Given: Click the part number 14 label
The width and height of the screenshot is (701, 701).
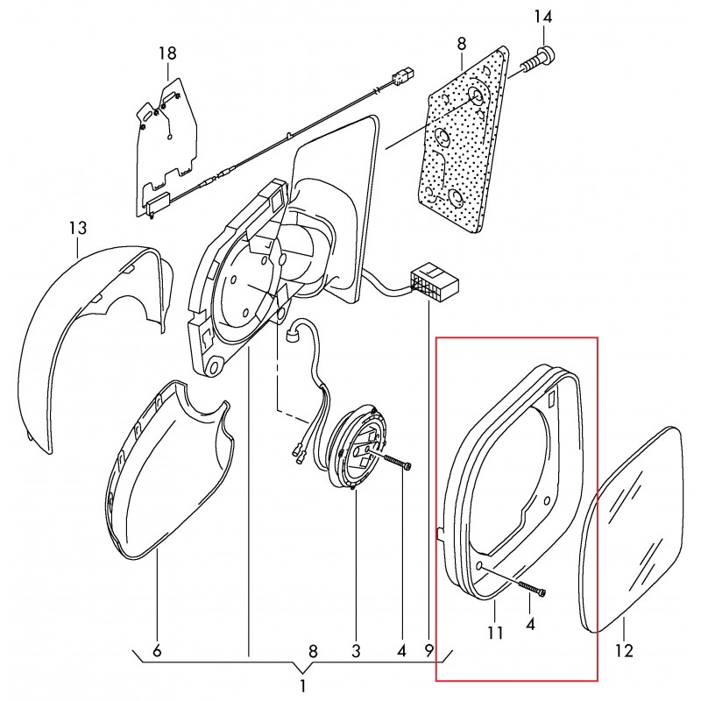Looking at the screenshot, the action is pyautogui.click(x=543, y=17).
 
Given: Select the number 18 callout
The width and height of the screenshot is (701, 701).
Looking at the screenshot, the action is pyautogui.click(x=167, y=53).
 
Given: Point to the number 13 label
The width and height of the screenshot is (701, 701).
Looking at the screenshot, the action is pyautogui.click(x=77, y=228).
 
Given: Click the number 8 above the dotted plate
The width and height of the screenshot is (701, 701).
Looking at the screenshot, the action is pyautogui.click(x=462, y=44).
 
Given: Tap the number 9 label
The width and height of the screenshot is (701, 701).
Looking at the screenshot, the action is pyautogui.click(x=428, y=651).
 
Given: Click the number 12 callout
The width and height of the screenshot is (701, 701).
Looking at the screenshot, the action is pyautogui.click(x=624, y=651).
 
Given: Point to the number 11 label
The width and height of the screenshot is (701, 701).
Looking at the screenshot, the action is pyautogui.click(x=495, y=632).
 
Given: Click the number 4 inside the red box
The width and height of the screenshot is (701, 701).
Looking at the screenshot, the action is pyautogui.click(x=530, y=624).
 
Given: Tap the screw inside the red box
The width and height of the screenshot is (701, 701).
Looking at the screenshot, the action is pyautogui.click(x=532, y=588).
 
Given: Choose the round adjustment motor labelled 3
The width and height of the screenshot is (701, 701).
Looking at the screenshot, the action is pyautogui.click(x=358, y=447).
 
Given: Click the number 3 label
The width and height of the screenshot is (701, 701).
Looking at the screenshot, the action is pyautogui.click(x=356, y=651).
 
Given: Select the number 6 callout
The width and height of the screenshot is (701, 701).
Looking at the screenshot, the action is pyautogui.click(x=157, y=651).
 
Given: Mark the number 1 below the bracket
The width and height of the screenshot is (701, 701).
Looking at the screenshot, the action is pyautogui.click(x=302, y=686).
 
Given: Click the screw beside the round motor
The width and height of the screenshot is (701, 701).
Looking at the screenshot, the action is pyautogui.click(x=397, y=463).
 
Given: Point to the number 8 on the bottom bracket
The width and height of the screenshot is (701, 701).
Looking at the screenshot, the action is pyautogui.click(x=313, y=651).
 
